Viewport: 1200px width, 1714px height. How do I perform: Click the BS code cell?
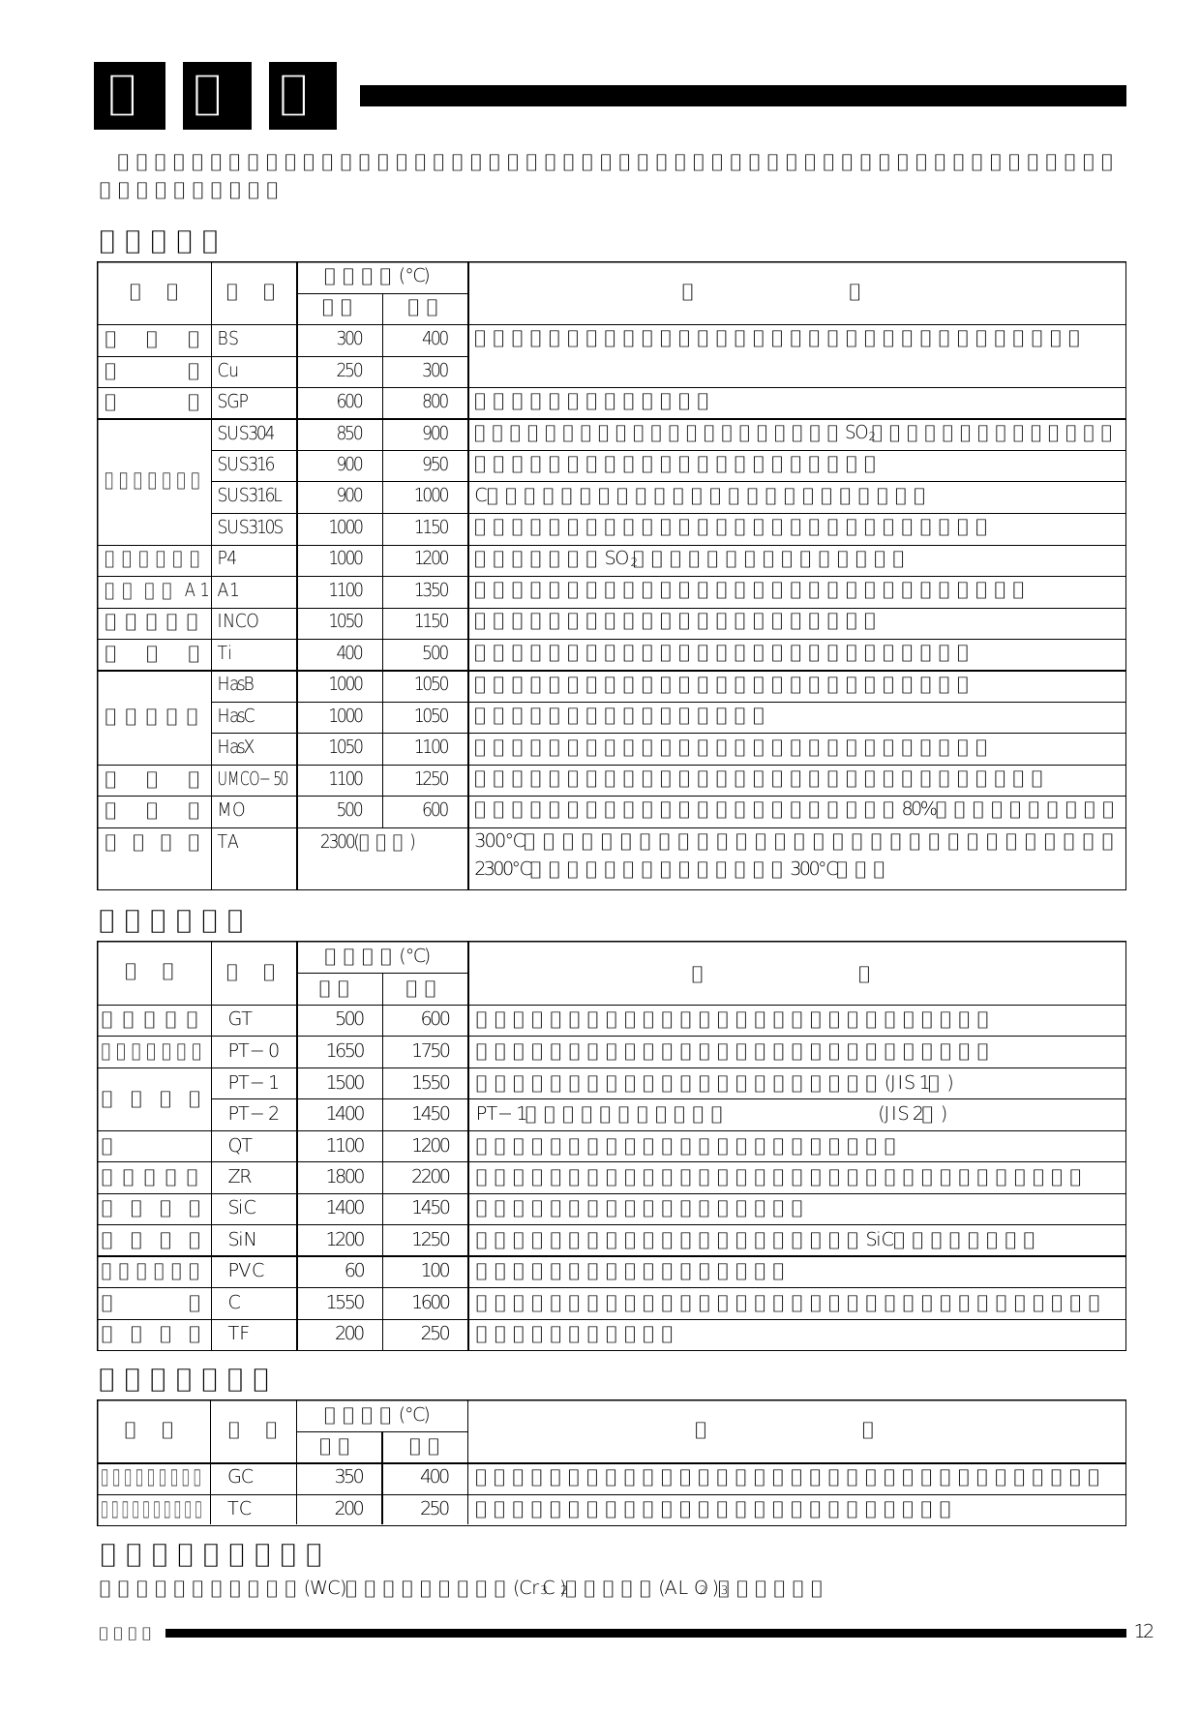pyautogui.click(x=228, y=340)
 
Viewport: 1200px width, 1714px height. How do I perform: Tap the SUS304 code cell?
pyautogui.click(x=246, y=434)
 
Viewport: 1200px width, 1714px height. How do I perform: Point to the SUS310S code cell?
pyautogui.click(x=250, y=527)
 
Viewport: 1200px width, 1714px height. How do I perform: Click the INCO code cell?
pyautogui.click(x=238, y=621)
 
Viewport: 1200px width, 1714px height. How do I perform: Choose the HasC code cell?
pyautogui.click(x=236, y=716)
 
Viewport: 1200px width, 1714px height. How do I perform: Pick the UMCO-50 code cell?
pyautogui.click(x=253, y=779)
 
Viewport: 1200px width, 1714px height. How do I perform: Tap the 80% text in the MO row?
pyautogui.click(x=918, y=810)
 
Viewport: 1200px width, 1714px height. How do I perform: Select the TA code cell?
pyautogui.click(x=228, y=842)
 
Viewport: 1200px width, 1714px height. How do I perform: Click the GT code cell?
pyautogui.click(x=240, y=1019)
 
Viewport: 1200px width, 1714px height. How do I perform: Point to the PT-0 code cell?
pyautogui.click(x=254, y=1051)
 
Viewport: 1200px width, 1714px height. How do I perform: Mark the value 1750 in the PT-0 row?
pyautogui.click(x=431, y=1051)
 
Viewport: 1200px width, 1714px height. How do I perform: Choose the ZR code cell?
pyautogui.click(x=240, y=1177)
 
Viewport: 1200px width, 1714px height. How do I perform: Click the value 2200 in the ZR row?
pyautogui.click(x=431, y=1177)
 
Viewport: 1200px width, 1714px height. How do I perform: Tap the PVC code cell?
pyautogui.click(x=246, y=1271)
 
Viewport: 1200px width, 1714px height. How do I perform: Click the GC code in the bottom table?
pyautogui.click(x=240, y=1477)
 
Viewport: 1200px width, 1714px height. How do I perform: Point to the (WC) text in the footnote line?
pyautogui.click(x=325, y=1588)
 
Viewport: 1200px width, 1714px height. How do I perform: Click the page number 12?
pyautogui.click(x=1144, y=1632)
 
